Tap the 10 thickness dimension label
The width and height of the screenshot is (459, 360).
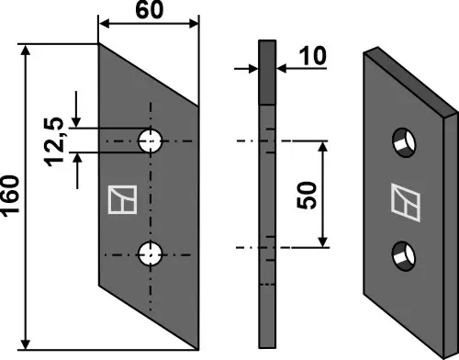(313, 57)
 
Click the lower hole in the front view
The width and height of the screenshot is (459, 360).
(151, 253)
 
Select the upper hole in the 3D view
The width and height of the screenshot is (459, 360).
(402, 141)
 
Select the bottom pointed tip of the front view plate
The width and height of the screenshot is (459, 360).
(198, 349)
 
